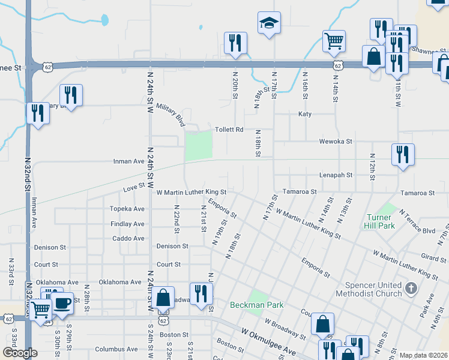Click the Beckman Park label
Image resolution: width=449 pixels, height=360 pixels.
(x=257, y=305)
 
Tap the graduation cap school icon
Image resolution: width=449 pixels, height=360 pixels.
(x=269, y=23)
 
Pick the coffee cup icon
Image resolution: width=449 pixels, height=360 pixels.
(x=62, y=303)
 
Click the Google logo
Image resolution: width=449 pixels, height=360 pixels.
(x=20, y=353)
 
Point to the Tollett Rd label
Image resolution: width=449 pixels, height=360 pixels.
(x=229, y=130)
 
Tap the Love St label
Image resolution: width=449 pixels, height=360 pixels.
(x=134, y=188)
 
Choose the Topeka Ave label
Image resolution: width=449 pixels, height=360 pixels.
(x=127, y=209)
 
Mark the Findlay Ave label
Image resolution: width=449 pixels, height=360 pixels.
(x=127, y=224)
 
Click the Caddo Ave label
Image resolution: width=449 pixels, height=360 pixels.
(x=128, y=238)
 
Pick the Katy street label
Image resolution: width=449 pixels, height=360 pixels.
(x=305, y=114)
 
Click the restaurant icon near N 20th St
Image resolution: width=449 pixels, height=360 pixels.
(x=235, y=43)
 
